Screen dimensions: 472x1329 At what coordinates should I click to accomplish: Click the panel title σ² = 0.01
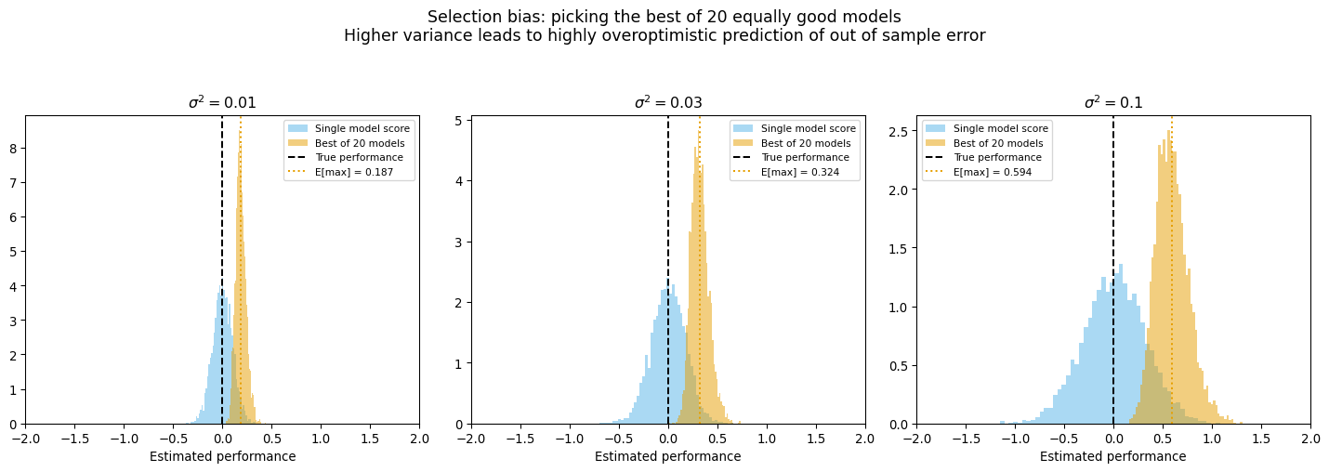(x=222, y=103)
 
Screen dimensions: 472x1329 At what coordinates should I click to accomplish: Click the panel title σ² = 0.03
(x=667, y=103)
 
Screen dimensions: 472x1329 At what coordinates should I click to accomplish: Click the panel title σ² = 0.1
(x=1113, y=103)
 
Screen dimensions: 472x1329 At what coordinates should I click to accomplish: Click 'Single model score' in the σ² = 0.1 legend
(x=1000, y=128)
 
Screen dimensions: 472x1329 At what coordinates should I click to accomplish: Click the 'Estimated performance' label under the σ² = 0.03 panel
(x=667, y=456)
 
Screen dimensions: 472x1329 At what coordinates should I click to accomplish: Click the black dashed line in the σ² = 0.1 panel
(x=1113, y=279)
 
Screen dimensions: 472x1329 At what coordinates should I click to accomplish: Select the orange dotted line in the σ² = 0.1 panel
(x=1172, y=279)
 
